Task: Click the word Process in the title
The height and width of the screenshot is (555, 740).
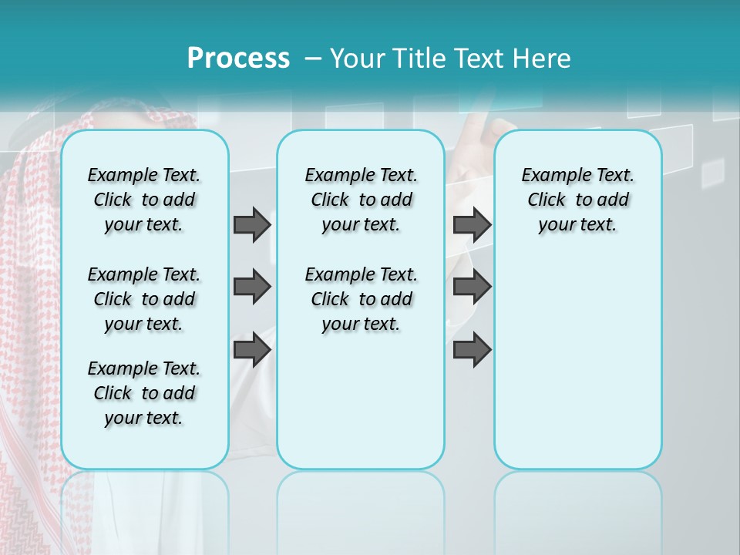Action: pyautogui.click(x=238, y=59)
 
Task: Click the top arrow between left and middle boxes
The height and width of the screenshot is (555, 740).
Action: pyautogui.click(x=252, y=224)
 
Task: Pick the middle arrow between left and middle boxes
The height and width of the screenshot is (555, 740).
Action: pyautogui.click(x=252, y=288)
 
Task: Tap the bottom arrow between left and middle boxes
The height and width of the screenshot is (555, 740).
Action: pyautogui.click(x=252, y=350)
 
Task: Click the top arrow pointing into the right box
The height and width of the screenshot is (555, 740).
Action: pyautogui.click(x=472, y=224)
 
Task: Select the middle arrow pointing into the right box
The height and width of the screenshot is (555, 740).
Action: pyautogui.click(x=472, y=288)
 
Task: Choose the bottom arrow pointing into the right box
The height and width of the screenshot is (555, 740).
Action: pyautogui.click(x=472, y=350)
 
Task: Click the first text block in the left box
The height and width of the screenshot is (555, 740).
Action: pyautogui.click(x=144, y=200)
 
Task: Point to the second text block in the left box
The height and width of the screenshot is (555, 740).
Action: pyautogui.click(x=144, y=299)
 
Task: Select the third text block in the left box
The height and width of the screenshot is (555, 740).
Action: pyautogui.click(x=144, y=393)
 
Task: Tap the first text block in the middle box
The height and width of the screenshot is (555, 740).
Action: pyautogui.click(x=361, y=200)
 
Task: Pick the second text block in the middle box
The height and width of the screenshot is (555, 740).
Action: pyautogui.click(x=361, y=299)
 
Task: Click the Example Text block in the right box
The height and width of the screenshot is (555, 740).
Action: pyautogui.click(x=577, y=200)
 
